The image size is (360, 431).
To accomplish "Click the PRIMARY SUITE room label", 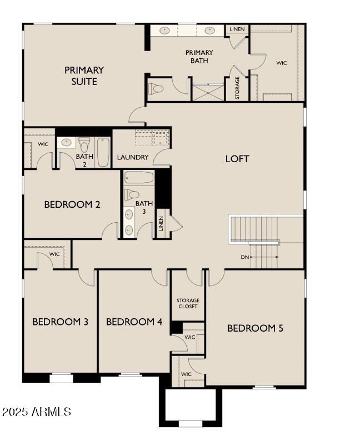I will [84, 76].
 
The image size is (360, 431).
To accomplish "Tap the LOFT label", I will [237, 159].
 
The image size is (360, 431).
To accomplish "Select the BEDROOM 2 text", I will [72, 204].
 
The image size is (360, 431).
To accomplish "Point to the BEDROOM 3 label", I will [60, 322].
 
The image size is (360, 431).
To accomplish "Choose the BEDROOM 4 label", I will [134, 322].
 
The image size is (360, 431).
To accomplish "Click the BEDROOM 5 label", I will [255, 328].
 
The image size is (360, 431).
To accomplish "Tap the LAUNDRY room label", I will [133, 157].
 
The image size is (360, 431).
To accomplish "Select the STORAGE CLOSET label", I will [188, 303].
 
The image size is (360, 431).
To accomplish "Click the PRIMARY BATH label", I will [199, 57].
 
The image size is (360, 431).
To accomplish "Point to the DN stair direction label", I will [245, 257].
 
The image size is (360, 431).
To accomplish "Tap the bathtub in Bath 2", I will [103, 152].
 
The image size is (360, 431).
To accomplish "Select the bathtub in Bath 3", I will [138, 178].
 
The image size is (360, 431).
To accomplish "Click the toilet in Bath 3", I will [131, 194].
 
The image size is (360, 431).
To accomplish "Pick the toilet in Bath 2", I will [84, 144].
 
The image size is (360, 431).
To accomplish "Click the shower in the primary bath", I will [207, 91].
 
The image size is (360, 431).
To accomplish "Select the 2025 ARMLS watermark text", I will [37, 412].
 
